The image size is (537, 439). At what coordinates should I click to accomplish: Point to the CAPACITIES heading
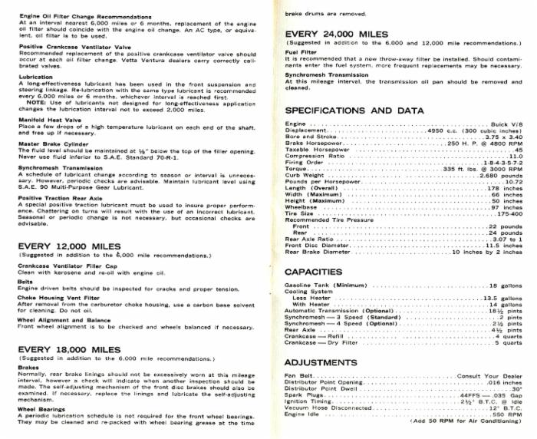point(313,272)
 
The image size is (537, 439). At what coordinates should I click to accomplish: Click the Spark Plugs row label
point(301,394)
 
